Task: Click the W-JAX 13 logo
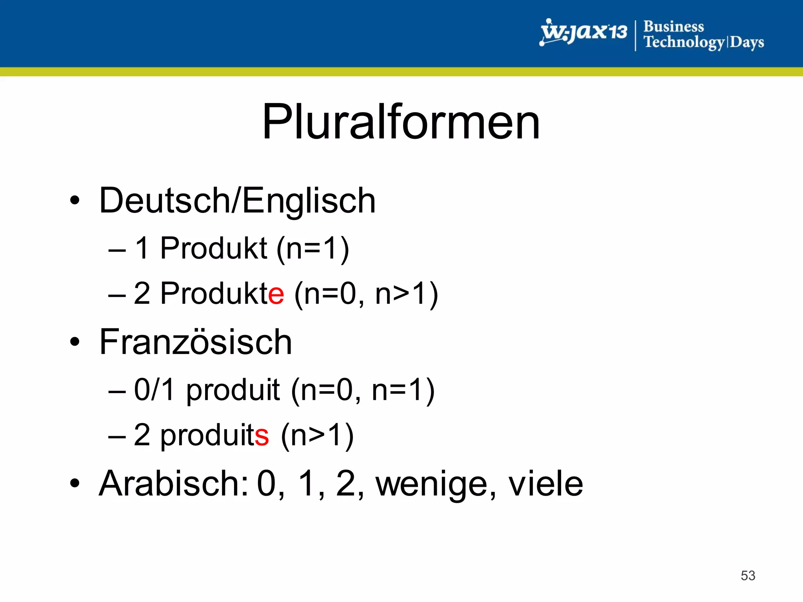click(x=583, y=32)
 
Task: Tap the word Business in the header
click(x=674, y=27)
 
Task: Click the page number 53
click(x=748, y=575)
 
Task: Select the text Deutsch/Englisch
click(x=237, y=201)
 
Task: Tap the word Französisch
click(x=195, y=342)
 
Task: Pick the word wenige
click(x=431, y=484)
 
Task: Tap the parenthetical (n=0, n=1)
click(x=362, y=390)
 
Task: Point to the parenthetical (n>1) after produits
click(x=317, y=435)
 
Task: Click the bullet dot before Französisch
click(x=74, y=342)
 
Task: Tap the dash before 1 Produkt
click(x=117, y=250)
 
